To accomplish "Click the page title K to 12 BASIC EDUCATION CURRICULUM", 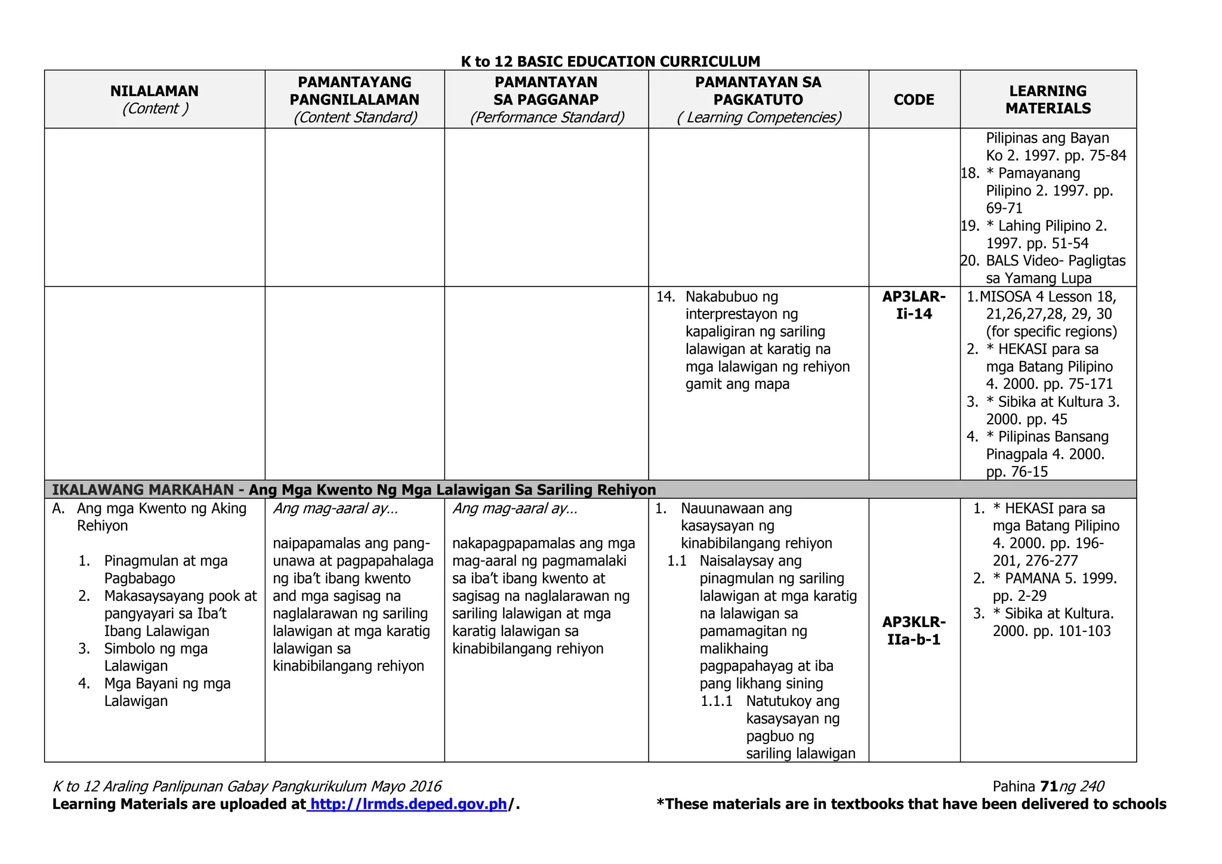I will [x=610, y=61].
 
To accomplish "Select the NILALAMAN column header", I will [x=154, y=91].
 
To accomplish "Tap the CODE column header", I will [x=914, y=100].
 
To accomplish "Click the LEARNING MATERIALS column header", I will [x=1048, y=100].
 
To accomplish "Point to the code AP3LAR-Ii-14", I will [x=914, y=305].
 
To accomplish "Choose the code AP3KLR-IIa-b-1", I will [x=914, y=631].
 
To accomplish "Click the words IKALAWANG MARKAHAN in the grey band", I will [x=143, y=490].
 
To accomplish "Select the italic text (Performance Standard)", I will [x=547, y=118].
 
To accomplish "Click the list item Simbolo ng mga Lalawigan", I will [x=156, y=657].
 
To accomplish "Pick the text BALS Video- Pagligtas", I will [x=1055, y=261].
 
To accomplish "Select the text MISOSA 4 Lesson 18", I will [x=1047, y=297].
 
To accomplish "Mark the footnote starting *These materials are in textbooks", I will [x=911, y=804].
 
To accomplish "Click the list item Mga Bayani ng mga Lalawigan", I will [x=166, y=692].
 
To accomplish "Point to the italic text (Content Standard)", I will [x=355, y=118].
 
